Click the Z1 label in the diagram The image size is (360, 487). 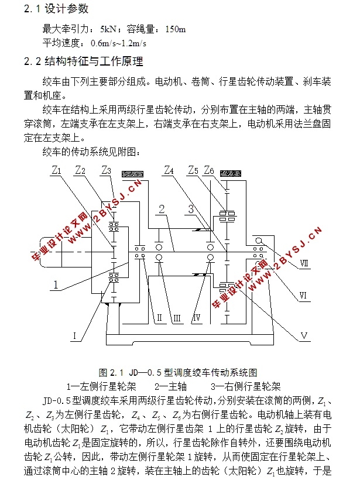click(56, 171)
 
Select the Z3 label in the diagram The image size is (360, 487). click(106, 170)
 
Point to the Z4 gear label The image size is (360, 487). click(169, 170)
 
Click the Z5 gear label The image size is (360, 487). click(194, 170)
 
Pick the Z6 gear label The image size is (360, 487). click(209, 170)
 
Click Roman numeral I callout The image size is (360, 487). click(75, 335)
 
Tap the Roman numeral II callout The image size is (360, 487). click(159, 318)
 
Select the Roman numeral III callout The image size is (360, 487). click(176, 318)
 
